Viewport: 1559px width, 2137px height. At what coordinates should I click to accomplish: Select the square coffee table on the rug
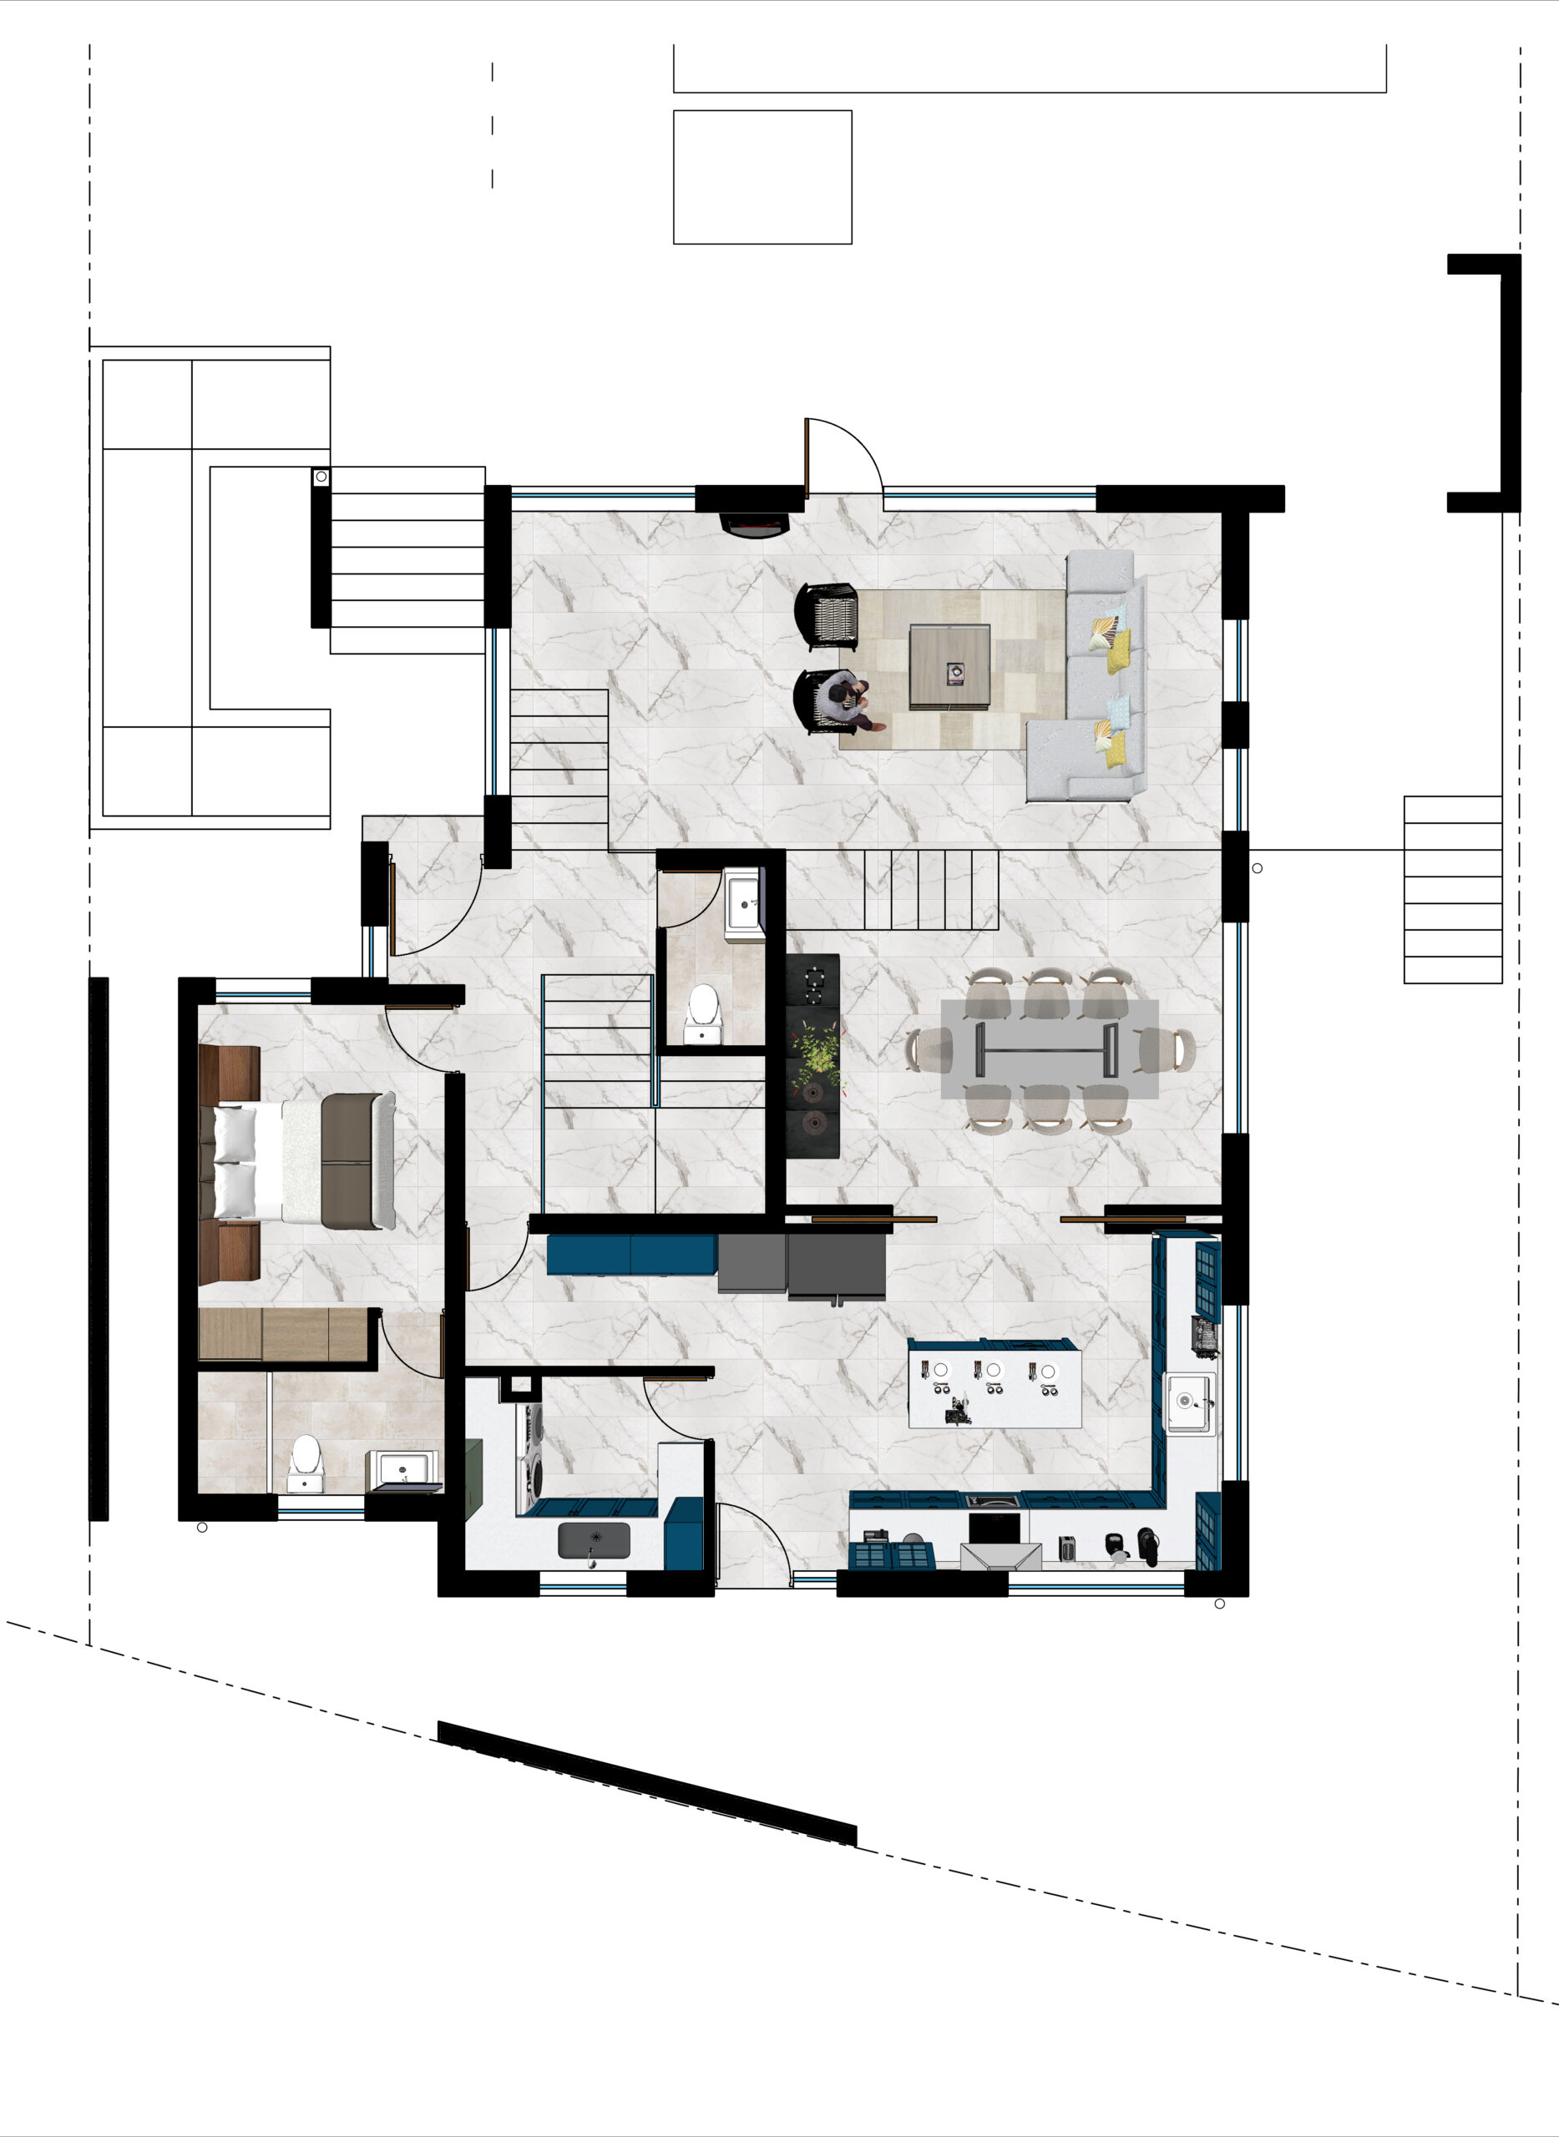pos(949,666)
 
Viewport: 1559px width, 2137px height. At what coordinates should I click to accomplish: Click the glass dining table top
pos(1049,1049)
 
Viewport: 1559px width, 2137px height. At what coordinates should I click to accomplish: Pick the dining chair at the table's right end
pos(1170,1049)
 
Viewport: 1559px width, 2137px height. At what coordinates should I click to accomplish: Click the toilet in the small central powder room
pos(703,1013)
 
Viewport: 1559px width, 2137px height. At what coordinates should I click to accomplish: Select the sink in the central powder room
pos(744,903)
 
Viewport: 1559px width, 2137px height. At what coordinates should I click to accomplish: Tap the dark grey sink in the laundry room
pos(594,1541)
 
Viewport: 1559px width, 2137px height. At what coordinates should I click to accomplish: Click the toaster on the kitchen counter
pos(1067,1548)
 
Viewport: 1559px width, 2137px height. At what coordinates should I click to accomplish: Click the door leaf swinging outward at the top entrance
pos(807,458)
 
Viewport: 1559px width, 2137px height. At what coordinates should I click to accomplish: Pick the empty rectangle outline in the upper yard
pos(762,177)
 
